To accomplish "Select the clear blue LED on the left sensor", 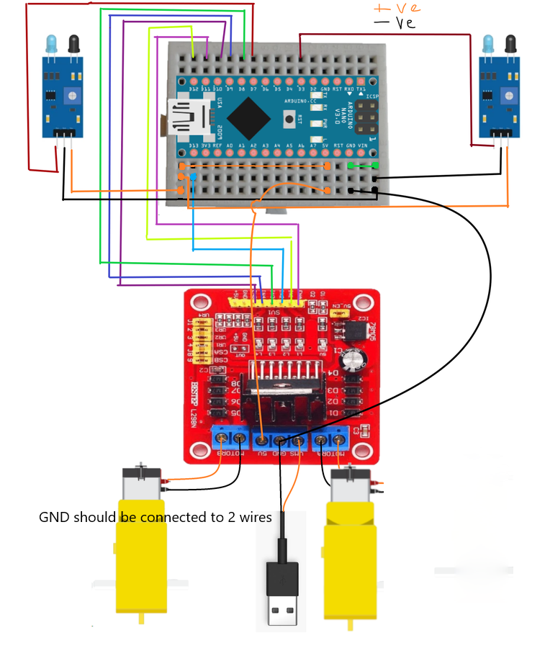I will (52, 45).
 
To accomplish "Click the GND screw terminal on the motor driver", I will (279, 439).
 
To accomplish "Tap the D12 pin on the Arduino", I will (194, 79).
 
